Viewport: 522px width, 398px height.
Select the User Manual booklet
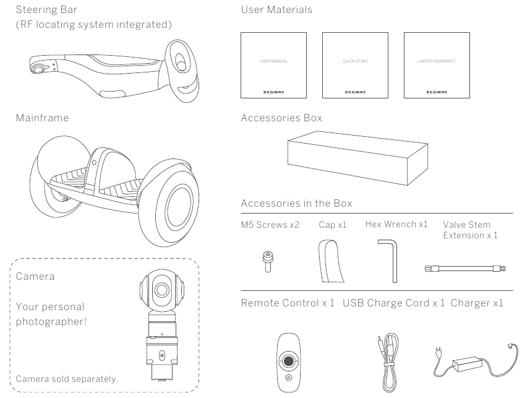pyautogui.click(x=273, y=65)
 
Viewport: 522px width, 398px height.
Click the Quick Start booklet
pyautogui.click(x=355, y=65)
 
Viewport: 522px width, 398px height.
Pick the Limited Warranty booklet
pyautogui.click(x=436, y=65)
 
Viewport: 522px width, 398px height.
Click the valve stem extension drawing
pyautogui.click(x=464, y=268)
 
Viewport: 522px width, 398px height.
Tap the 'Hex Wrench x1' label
pyautogui.click(x=396, y=224)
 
